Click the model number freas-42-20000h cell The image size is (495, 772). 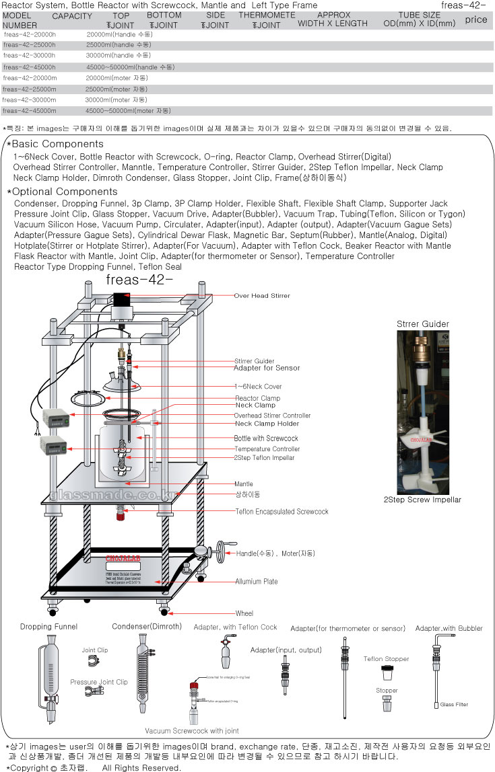tap(30, 34)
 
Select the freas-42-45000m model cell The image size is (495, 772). tap(30, 110)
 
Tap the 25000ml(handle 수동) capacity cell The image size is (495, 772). tap(119, 44)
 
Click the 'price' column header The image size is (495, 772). tap(475, 20)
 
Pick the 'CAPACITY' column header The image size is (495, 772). tap(72, 15)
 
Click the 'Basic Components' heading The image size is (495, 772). tap(57, 144)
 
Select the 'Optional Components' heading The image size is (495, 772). tap(65, 192)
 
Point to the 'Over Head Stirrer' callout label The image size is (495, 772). tap(262, 296)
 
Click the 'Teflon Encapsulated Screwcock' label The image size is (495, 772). tap(282, 512)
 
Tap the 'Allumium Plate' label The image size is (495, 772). tap(257, 582)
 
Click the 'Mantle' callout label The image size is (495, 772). tap(244, 484)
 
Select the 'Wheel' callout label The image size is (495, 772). tap(244, 613)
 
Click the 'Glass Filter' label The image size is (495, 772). tap(454, 705)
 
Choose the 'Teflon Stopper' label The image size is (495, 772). tap(386, 659)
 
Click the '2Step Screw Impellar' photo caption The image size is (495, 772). tap(422, 500)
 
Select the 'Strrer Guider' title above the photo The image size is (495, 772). tap(423, 323)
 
